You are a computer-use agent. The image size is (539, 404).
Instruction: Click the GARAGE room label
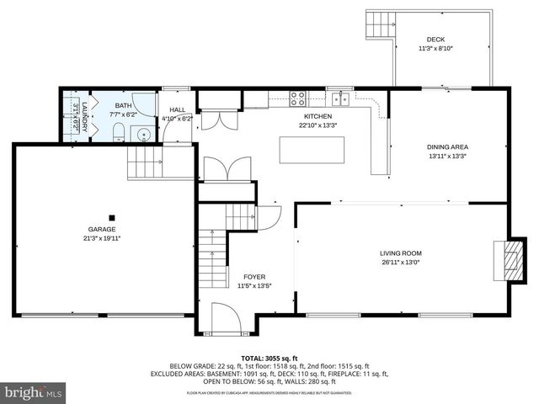pos(103,229)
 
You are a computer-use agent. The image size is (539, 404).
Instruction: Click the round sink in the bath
pos(144,131)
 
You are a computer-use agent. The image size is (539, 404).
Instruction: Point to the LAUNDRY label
pos(84,114)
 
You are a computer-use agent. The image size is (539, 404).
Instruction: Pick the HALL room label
pos(177,109)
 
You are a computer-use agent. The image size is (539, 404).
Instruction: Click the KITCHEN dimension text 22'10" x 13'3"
pos(318,125)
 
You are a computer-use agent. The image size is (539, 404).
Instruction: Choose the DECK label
pos(435,40)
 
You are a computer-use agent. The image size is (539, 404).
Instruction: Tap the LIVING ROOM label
pos(400,252)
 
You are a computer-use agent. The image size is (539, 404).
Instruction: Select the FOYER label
pos(254,276)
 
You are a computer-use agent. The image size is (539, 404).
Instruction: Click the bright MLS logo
pos(34,392)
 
